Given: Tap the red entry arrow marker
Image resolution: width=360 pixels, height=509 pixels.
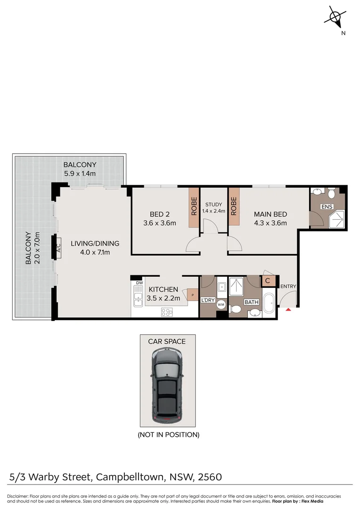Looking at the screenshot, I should coord(288,309).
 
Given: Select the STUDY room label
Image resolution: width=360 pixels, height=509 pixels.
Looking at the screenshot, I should coord(213,205).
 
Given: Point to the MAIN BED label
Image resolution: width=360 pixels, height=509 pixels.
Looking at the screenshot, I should coord(270,214).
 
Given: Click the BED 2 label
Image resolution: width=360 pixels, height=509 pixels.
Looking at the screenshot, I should coord(159,214).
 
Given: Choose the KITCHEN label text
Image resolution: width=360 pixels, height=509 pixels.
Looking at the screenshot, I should coord(164,289).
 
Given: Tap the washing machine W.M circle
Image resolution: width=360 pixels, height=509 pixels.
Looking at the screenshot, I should coord(221,305).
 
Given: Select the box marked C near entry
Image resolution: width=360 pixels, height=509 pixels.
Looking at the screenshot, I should coord(268,281).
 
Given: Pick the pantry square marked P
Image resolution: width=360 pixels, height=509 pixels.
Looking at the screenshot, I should coord(192,296).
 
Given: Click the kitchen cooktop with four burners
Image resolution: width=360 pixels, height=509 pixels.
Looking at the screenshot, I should coord(167,312).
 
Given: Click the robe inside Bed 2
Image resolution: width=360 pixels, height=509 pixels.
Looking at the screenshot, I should coord(194,208).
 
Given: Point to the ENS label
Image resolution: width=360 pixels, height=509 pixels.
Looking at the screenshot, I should coord(327,207).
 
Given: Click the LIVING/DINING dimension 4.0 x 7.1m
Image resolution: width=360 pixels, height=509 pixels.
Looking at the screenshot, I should coord(95,252).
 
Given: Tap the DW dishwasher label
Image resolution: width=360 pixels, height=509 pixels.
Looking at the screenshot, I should coord(139,283).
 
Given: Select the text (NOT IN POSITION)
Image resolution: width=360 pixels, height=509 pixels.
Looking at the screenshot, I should coord(168,435).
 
